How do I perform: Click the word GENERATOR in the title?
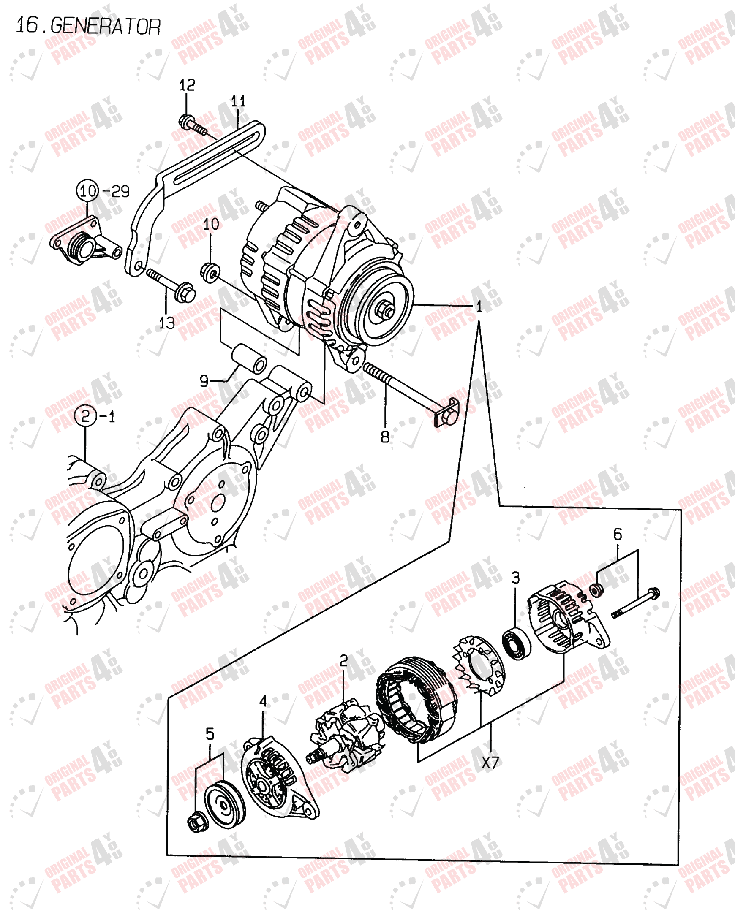[x=106, y=27]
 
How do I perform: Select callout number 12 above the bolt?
[x=187, y=85]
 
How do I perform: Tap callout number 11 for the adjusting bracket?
[x=238, y=101]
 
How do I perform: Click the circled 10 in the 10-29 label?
[x=87, y=191]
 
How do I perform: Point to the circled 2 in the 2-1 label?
[x=85, y=416]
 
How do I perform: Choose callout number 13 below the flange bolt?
[x=166, y=324]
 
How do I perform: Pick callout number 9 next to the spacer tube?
[x=204, y=381]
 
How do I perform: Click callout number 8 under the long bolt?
[x=384, y=437]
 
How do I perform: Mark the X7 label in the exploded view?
[x=491, y=763]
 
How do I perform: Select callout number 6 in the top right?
[x=617, y=535]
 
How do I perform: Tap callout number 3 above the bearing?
[x=515, y=578]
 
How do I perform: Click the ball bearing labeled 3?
[x=516, y=645]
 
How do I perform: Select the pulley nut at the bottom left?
[x=197, y=822]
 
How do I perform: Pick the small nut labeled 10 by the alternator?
[x=210, y=272]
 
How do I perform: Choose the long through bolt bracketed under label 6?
[x=635, y=603]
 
